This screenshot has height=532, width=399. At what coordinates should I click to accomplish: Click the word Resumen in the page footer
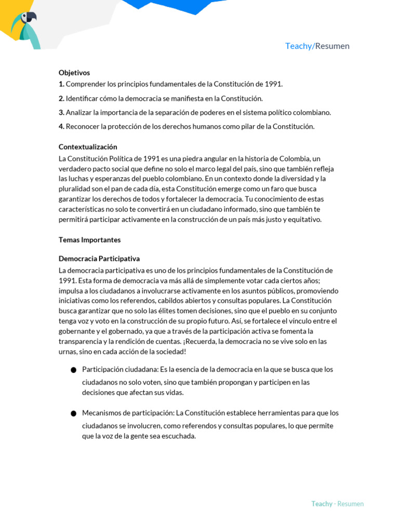coord(350,504)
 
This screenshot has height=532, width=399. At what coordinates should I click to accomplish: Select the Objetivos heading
coord(74,73)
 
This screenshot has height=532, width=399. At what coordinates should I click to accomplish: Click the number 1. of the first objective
coord(61,84)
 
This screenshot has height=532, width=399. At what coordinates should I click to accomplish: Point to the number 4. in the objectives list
coord(61,126)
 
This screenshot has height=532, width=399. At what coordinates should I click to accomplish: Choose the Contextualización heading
coord(88,147)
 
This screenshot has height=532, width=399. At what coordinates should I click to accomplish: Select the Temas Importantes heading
coord(89,240)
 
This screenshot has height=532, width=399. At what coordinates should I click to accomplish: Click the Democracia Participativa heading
coord(99,259)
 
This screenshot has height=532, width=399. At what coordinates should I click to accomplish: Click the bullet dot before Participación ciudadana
coord(73,370)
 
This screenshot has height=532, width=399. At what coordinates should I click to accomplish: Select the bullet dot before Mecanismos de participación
coord(73,414)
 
